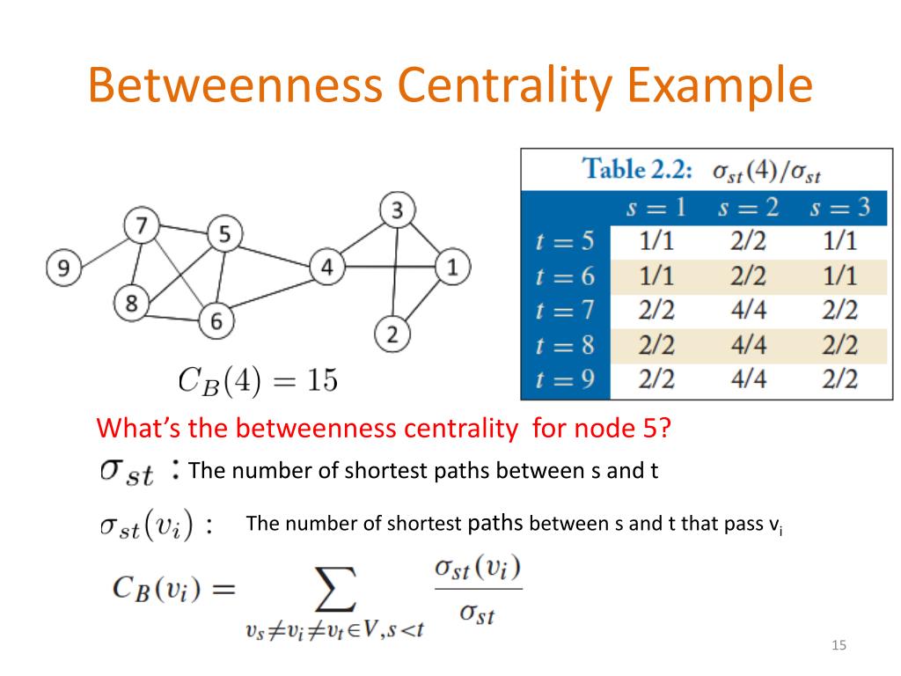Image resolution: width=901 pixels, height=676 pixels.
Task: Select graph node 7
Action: (x=141, y=226)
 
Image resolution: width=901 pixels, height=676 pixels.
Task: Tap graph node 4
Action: (x=326, y=266)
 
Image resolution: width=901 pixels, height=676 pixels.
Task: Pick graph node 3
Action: (x=397, y=210)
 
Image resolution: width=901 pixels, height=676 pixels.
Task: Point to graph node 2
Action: (x=392, y=334)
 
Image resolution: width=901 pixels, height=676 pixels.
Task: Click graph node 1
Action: (x=452, y=266)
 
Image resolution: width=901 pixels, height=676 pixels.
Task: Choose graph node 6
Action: (x=216, y=320)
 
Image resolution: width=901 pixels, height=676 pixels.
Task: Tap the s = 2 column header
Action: (x=748, y=208)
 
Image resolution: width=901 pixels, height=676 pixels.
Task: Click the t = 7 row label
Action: (x=565, y=311)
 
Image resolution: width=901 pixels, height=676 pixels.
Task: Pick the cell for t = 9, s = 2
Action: (x=748, y=379)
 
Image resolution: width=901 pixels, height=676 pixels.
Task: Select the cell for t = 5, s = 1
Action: (x=654, y=241)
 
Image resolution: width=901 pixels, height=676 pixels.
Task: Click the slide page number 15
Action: (x=839, y=647)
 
